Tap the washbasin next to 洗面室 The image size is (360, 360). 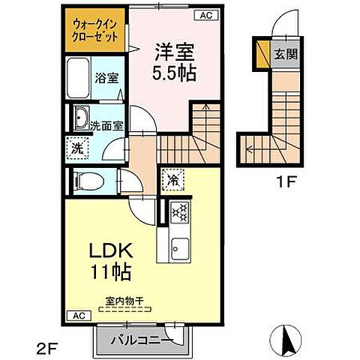point(80,118)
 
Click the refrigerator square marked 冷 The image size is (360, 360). point(172,180)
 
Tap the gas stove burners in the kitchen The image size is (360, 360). point(179,214)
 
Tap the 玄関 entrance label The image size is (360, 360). point(283,54)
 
